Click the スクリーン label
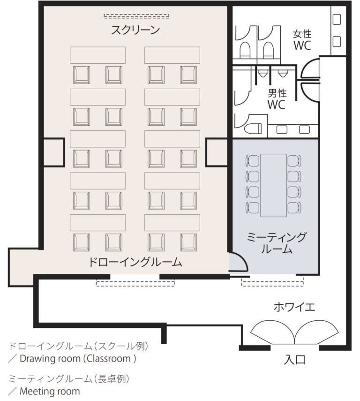point(135,30)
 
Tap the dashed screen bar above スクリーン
point(136,16)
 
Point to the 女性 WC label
point(302,40)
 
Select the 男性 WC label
point(277,99)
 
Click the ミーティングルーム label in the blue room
point(276,243)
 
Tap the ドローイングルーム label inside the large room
point(135,262)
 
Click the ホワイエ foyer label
point(294,307)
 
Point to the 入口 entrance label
point(295,360)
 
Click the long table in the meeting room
point(273,185)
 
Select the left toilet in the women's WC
point(245,50)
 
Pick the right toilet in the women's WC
point(268,50)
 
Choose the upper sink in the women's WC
point(337,20)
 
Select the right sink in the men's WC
point(304,129)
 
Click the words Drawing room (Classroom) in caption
point(78,358)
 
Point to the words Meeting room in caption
point(50,391)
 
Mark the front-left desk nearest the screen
point(97,55)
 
